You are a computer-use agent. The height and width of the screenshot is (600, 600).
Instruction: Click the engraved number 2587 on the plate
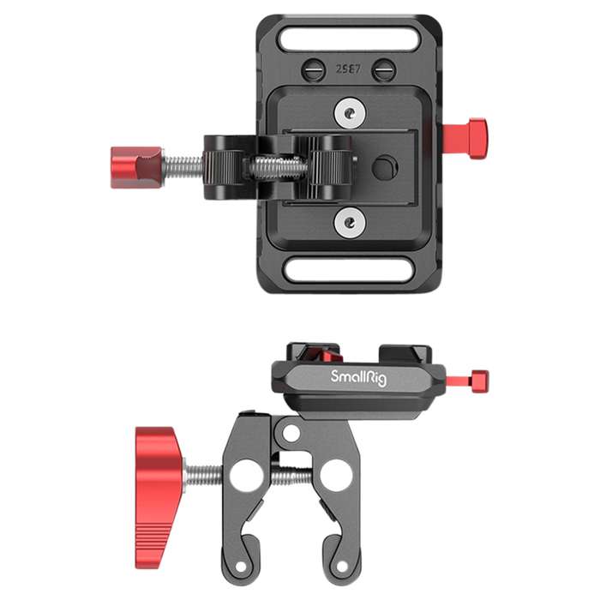coord(347,67)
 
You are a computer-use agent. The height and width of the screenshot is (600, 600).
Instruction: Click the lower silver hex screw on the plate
coord(347,224)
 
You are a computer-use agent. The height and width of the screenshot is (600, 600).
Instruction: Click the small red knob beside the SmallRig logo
coord(477,378)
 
